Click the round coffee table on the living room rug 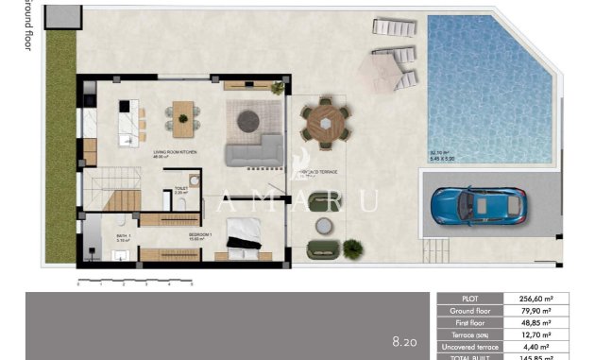coord(248,120)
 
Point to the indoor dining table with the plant coord(182,118)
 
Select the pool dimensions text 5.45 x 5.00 coord(443,158)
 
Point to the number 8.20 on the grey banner coord(405,340)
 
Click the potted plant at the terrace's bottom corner coord(352,249)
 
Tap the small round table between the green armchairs coord(324,226)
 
